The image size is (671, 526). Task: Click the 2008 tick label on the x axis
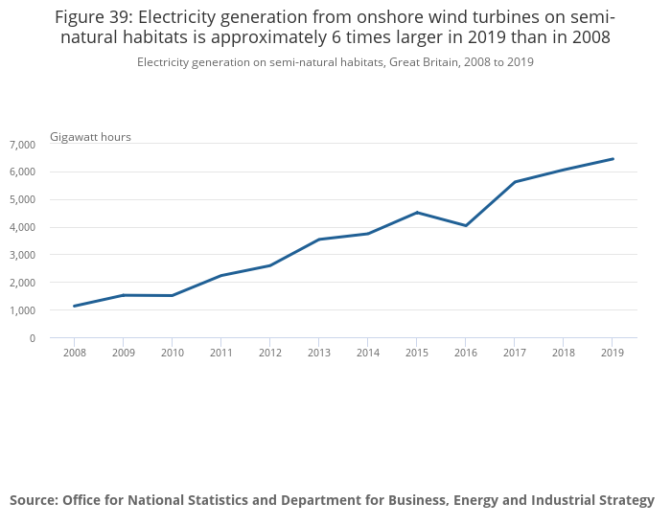[74, 353]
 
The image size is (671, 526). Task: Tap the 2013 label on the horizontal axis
[319, 353]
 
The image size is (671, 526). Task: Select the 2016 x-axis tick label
[466, 353]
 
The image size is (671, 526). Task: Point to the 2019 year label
[613, 353]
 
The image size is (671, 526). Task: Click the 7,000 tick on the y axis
[22, 145]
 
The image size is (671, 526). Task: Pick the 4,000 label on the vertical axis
[22, 228]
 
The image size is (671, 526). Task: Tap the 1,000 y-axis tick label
[22, 311]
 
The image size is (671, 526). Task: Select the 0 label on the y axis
[32, 338]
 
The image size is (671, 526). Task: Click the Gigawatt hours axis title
[90, 137]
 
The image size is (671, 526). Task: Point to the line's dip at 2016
[466, 225]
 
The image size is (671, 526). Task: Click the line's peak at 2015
[417, 212]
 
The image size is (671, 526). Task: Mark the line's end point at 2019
[613, 159]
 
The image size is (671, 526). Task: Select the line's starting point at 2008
[74, 306]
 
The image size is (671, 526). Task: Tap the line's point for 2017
[515, 182]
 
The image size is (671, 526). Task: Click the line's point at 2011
[221, 275]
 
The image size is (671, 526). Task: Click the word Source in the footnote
[34, 500]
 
